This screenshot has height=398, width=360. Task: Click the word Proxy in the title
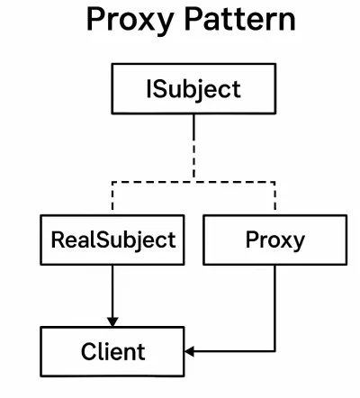pyautogui.click(x=130, y=21)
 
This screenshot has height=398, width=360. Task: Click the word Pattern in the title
pyautogui.click(x=239, y=19)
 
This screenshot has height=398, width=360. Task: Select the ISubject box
pyautogui.click(x=193, y=89)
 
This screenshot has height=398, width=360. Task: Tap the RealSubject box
pyautogui.click(x=112, y=240)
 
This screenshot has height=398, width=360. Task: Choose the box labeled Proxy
pyautogui.click(x=275, y=240)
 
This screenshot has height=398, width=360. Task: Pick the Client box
pyautogui.click(x=112, y=351)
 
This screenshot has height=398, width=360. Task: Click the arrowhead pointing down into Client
pyautogui.click(x=112, y=322)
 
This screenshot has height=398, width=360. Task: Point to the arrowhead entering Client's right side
pyautogui.click(x=189, y=351)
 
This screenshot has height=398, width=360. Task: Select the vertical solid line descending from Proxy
pyautogui.click(x=274, y=308)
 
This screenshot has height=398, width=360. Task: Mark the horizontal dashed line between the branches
pyautogui.click(x=193, y=182)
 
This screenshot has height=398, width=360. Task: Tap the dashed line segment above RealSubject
pyautogui.click(x=112, y=195)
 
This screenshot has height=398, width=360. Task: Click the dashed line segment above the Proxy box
pyautogui.click(x=274, y=195)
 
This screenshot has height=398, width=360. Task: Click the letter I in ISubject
pyautogui.click(x=148, y=89)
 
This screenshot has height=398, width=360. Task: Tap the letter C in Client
pyautogui.click(x=90, y=351)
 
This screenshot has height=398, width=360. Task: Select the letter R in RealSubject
pyautogui.click(x=58, y=240)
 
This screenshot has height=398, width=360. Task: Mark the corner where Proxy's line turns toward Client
pyautogui.click(x=274, y=351)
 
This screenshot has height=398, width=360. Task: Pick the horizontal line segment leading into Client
pyautogui.click(x=230, y=351)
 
